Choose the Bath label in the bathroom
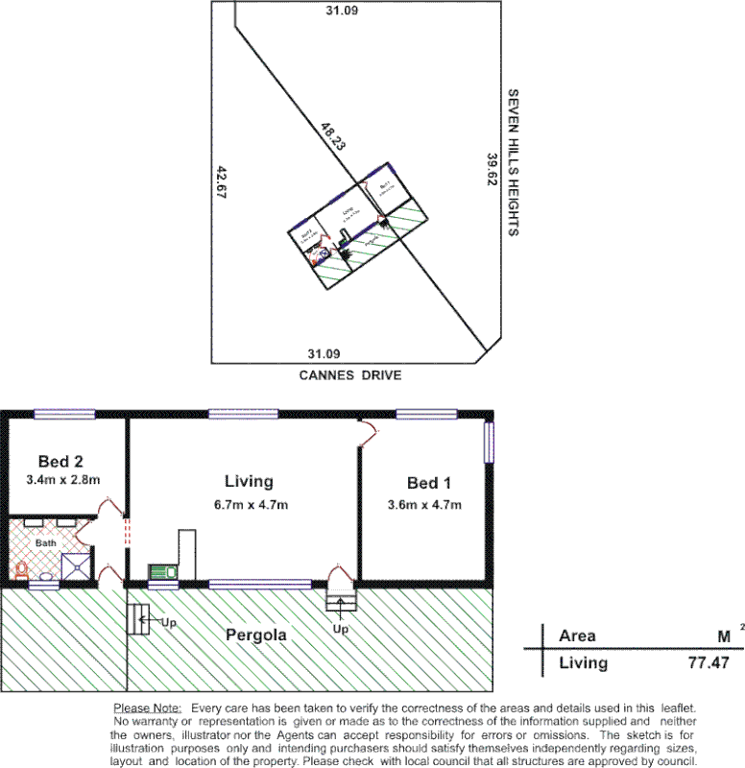coord(46,542)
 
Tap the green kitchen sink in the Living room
coord(162,572)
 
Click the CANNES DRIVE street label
coord(348,375)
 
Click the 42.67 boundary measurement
coord(222,182)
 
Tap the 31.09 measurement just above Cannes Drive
coord(323,353)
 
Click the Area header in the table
coord(577,636)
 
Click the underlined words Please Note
coord(147,707)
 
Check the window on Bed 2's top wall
coord(64,415)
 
